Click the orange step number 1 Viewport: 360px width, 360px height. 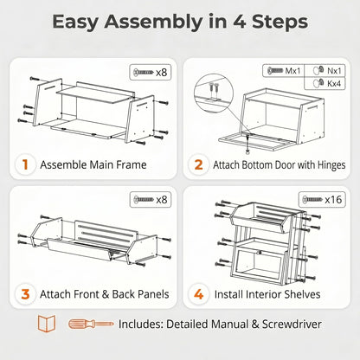(25, 164)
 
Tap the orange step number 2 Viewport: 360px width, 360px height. (199, 164)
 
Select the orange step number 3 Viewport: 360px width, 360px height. (25, 294)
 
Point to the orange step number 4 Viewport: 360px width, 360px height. (199, 294)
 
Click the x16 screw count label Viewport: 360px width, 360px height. (333, 199)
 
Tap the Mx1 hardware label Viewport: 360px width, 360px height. (292, 71)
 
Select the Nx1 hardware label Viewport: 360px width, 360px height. (334, 70)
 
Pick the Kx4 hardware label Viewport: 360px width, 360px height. (334, 84)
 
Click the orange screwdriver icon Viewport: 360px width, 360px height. (91, 324)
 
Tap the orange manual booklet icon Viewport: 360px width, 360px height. (47, 324)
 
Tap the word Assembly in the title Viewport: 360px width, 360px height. (153, 22)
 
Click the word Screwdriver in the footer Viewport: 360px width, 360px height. (292, 325)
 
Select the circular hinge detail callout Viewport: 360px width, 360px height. (214, 93)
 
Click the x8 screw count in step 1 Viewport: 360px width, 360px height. (162, 72)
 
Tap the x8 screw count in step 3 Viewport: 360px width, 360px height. (162, 200)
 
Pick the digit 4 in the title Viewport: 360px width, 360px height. (239, 22)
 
